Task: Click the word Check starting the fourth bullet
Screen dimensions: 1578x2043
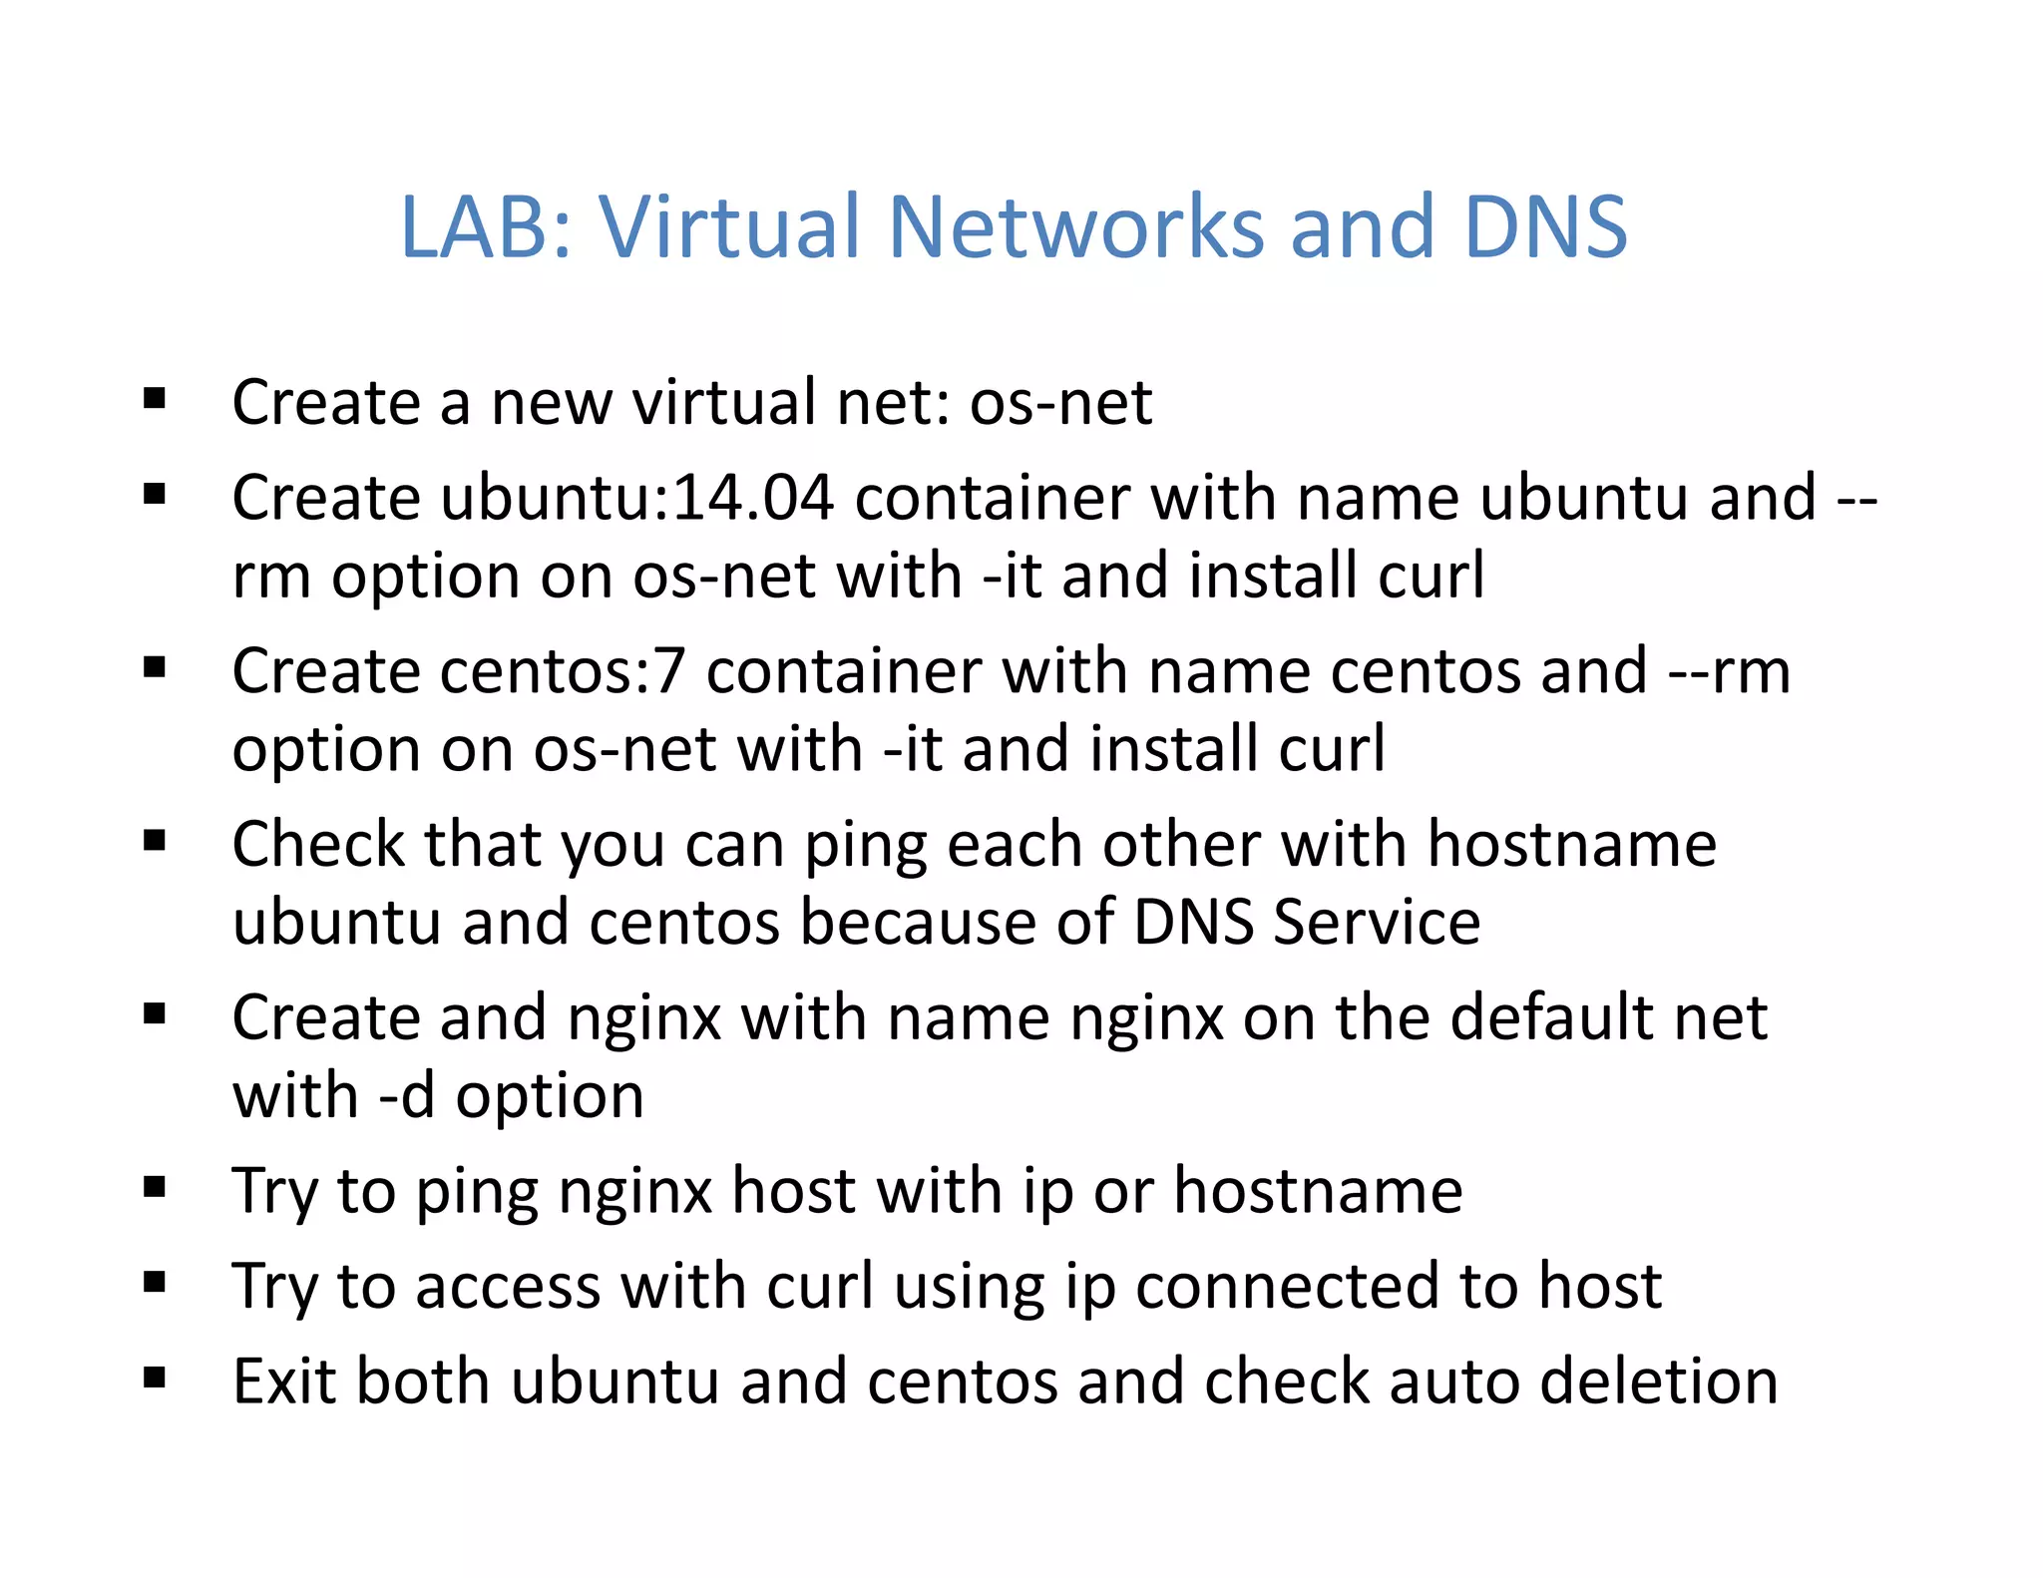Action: point(319,845)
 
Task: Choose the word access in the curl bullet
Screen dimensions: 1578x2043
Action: point(509,1286)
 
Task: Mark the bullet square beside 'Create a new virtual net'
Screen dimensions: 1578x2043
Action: point(155,399)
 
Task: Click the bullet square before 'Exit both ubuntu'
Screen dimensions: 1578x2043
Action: point(155,1379)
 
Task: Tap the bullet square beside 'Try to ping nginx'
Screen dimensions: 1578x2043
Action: point(155,1187)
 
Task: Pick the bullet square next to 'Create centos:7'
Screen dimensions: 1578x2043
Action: point(155,667)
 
